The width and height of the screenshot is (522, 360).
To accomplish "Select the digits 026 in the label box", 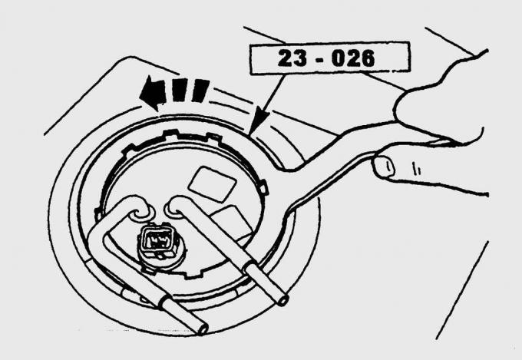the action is [353, 58].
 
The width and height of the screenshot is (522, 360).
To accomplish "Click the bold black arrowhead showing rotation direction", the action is [152, 93].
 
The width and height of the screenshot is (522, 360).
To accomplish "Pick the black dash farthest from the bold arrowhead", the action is [200, 91].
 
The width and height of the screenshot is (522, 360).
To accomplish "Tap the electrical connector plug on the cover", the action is [157, 241].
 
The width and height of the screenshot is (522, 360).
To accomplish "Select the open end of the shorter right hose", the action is [283, 301].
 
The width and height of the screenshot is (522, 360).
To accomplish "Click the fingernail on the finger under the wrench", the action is [384, 167].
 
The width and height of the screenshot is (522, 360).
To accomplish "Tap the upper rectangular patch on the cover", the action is [213, 184].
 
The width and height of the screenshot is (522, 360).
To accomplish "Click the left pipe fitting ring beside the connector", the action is [141, 215].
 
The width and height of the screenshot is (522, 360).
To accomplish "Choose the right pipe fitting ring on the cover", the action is [174, 210].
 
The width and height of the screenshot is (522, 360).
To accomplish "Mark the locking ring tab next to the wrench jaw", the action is [263, 187].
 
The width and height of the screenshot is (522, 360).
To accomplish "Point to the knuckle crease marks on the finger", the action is [416, 168].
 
